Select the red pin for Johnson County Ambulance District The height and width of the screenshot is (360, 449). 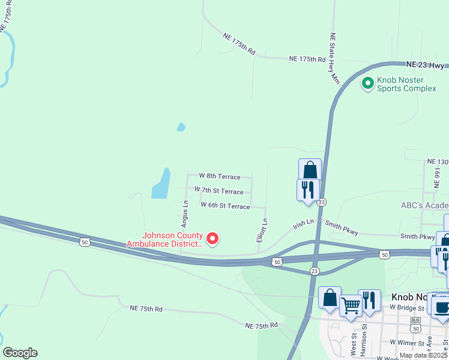coord(212,239)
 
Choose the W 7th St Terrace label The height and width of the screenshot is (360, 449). coord(218,191)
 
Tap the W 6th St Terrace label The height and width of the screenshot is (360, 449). coord(225,206)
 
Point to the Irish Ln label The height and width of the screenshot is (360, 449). coord(303,224)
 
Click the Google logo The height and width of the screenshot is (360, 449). coord(20,353)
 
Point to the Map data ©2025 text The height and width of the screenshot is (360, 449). coord(423,355)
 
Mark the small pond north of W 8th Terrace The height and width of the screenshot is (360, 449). coord(181,127)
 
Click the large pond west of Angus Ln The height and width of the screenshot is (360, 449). coord(160,184)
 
